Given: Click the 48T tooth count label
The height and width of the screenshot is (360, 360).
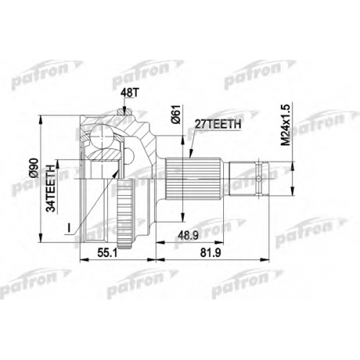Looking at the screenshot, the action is (129, 93).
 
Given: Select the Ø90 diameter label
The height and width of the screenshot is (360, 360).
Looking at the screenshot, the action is (35, 168).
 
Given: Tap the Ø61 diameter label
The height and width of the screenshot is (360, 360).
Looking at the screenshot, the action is (176, 114).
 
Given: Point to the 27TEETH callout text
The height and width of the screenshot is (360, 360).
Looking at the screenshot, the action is (217, 124).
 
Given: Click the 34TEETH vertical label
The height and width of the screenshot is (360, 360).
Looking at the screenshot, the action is (51, 189).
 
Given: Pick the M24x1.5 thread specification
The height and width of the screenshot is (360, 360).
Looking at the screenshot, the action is (286, 125).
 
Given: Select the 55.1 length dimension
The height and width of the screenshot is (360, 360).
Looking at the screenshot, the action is (109, 252).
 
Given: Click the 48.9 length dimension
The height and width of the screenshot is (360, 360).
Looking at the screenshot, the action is (188, 235).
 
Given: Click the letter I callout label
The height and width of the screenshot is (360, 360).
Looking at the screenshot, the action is (69, 228).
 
